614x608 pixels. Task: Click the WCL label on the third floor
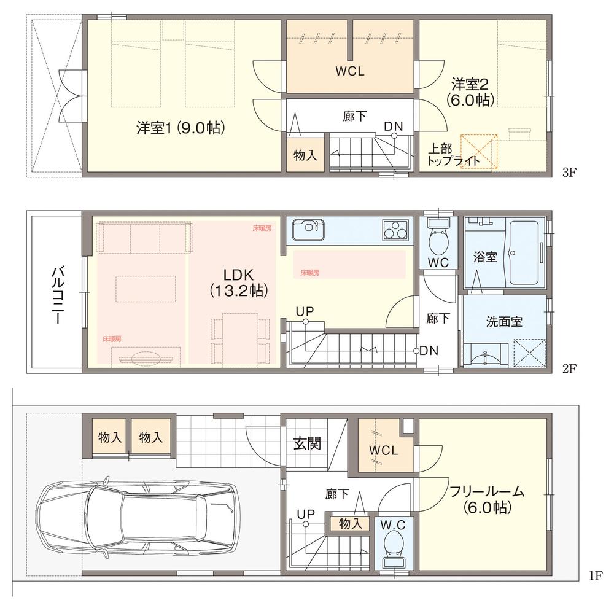coord(350,71)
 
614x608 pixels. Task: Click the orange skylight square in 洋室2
coord(480,151)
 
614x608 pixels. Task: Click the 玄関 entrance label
coord(306,443)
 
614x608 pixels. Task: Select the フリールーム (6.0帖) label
coord(486,499)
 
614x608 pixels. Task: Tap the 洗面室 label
coord(503,321)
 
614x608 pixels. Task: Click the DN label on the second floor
coord(429,351)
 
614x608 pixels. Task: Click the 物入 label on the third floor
coord(305,155)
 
